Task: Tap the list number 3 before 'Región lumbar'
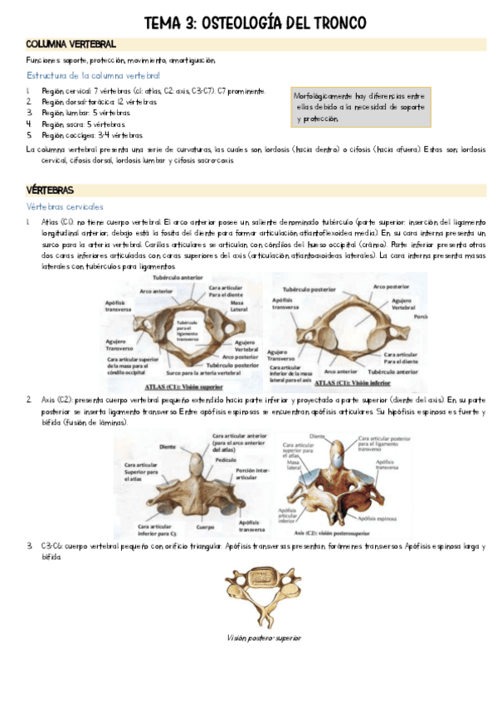[x=29, y=113]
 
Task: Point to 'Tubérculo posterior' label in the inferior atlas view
[x=300, y=290]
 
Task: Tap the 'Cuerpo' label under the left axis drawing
[x=202, y=526]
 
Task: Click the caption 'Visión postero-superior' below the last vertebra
[x=262, y=638]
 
